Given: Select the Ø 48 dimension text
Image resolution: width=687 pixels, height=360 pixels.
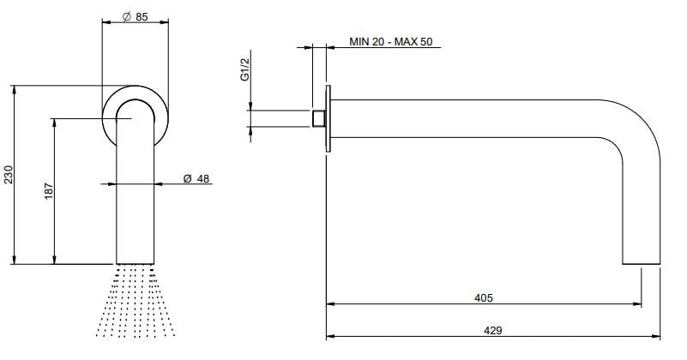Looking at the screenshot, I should (x=196, y=178).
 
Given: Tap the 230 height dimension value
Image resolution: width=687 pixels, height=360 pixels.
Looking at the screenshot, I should (x=9, y=177).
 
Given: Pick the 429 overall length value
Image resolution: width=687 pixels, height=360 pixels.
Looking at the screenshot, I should (x=492, y=329).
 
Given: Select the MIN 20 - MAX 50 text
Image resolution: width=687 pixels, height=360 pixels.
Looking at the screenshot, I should (x=390, y=41).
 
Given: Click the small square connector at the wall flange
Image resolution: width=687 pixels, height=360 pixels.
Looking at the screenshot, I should (x=319, y=118).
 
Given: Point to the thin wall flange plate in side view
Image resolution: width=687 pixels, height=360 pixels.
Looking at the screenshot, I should (x=327, y=118).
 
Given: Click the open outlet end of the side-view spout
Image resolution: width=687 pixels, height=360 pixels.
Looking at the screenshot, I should (x=641, y=262).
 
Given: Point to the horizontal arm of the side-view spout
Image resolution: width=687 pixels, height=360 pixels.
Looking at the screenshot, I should (x=472, y=118).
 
